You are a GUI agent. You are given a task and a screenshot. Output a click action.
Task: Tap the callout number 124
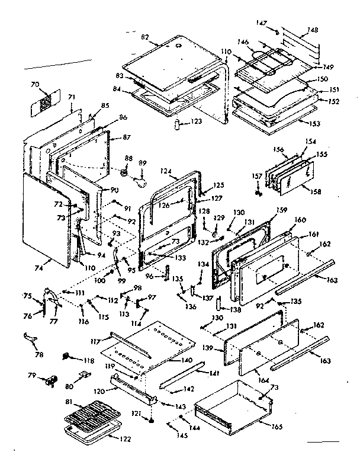tap(165, 172)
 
